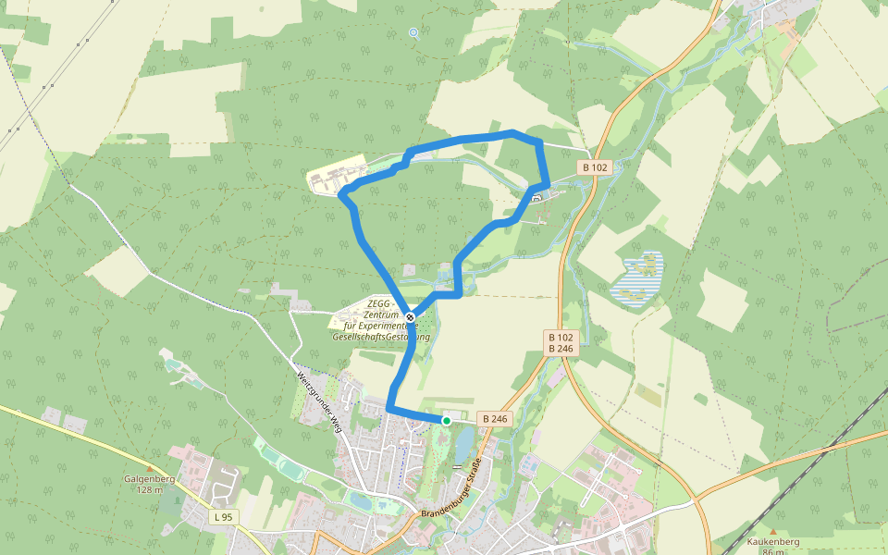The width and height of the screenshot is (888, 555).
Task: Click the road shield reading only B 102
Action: [595, 167]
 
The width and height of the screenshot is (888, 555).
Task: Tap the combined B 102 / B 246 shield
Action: [561, 343]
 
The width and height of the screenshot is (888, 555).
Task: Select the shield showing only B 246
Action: [495, 419]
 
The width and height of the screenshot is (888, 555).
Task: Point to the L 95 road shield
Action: [222, 516]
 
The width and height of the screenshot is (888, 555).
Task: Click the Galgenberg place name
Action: [149, 479]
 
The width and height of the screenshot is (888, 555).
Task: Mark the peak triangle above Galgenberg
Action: [149, 469]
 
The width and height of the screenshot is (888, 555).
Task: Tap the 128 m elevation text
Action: [149, 489]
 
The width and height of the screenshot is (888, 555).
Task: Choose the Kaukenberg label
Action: [773, 541]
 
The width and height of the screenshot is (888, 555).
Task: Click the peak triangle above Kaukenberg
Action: [773, 531]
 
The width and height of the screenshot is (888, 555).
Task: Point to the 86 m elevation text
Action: [773, 551]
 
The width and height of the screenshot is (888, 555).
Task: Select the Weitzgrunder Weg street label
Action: [315, 401]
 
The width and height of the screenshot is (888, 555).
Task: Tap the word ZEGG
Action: [378, 303]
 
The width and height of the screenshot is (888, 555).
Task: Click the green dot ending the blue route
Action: [446, 421]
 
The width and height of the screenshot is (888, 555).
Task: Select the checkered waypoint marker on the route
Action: [410, 317]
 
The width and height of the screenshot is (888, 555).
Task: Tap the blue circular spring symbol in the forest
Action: [413, 33]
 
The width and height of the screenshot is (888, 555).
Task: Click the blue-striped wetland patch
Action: [641, 277]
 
